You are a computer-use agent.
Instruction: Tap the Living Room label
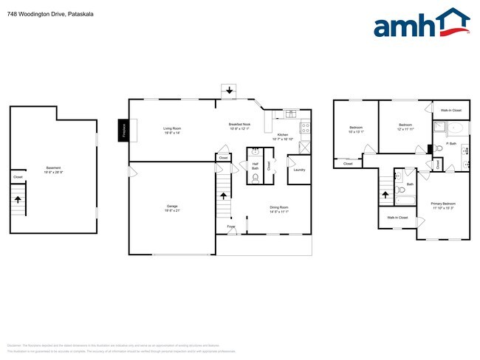pyautogui.click(x=172, y=131)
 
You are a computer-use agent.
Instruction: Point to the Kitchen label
pyautogui.click(x=283, y=136)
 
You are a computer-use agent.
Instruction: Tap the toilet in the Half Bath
pyautogui.click(x=256, y=178)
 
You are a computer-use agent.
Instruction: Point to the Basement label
pyautogui.click(x=53, y=169)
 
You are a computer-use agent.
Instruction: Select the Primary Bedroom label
pyautogui.click(x=444, y=205)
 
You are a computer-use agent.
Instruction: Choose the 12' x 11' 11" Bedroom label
pyautogui.click(x=405, y=128)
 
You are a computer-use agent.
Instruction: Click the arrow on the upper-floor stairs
pyautogui.click(x=384, y=195)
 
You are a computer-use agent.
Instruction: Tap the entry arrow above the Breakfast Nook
pyautogui.click(x=229, y=91)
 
